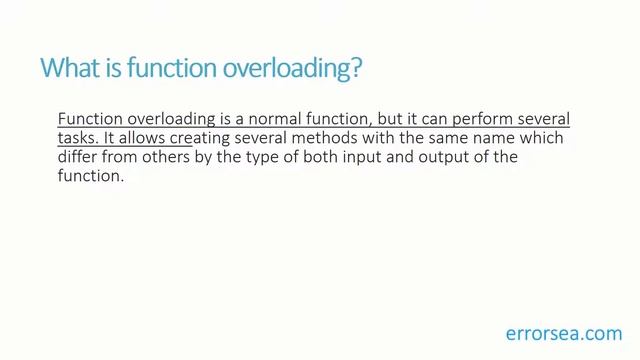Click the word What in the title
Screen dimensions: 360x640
(x=66, y=69)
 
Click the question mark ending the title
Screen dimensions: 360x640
(x=356, y=69)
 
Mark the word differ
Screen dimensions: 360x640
(x=78, y=158)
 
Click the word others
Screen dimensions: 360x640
(x=174, y=158)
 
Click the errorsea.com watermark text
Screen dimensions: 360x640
(x=563, y=332)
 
